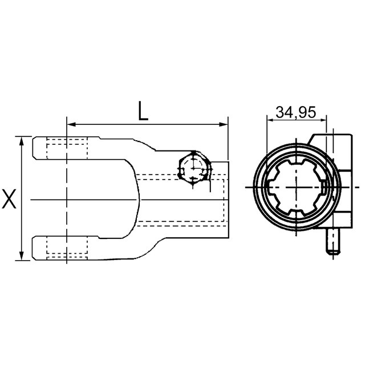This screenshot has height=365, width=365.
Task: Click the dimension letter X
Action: [9, 199]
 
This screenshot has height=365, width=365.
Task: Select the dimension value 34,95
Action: [295, 112]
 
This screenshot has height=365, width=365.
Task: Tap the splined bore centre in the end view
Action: [297, 186]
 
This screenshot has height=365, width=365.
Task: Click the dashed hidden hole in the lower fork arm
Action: [67, 248]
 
